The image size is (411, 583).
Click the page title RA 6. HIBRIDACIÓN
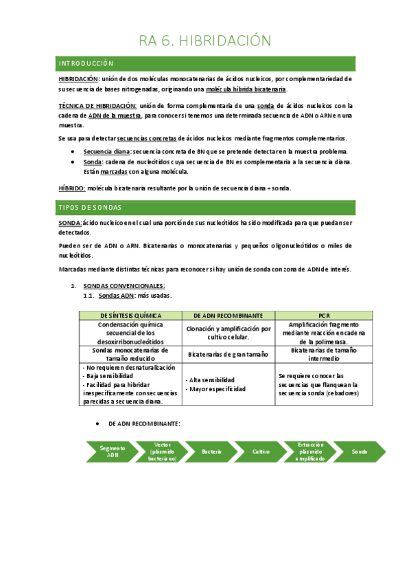205,41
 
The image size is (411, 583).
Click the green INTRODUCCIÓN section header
86,63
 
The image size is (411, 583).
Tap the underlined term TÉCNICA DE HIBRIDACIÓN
97,105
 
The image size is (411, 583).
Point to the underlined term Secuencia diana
106,151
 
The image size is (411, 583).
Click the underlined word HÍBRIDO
72,188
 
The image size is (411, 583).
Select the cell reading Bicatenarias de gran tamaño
228,353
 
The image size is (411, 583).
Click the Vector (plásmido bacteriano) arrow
162,452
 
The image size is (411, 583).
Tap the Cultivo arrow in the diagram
261,452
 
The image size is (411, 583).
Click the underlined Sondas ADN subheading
117,296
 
